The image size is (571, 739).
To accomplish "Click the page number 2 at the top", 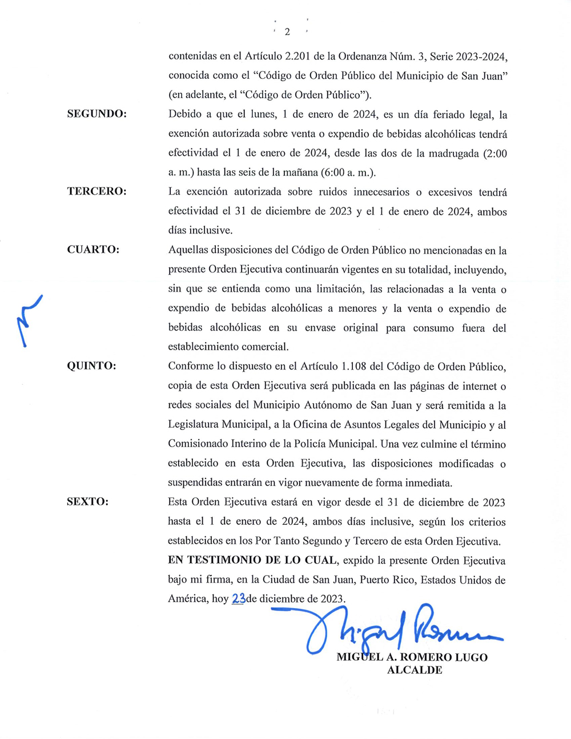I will click(287, 32).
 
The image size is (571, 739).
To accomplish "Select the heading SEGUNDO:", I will click(96, 114).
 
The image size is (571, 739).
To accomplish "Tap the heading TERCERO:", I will click(96, 191).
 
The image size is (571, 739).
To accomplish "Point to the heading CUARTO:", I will click(93, 250).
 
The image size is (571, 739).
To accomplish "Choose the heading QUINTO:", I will click(91, 366).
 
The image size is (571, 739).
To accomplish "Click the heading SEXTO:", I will click(87, 502).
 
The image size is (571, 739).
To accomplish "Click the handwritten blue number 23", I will click(239, 599).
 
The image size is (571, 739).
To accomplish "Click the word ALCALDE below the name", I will click(415, 670).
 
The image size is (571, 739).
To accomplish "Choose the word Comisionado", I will click(197, 444).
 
